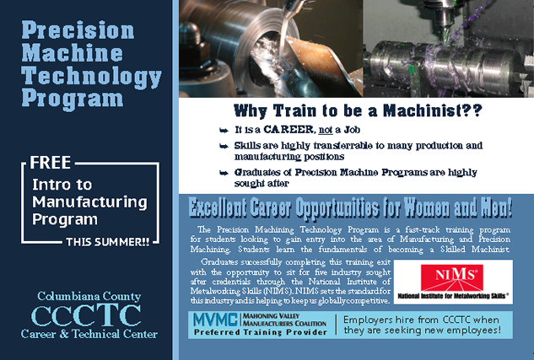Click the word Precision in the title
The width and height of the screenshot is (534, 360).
click(78, 30)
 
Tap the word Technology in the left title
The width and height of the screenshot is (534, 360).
click(91, 77)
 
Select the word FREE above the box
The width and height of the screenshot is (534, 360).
click(50, 163)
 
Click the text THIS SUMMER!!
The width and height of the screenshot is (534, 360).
click(108, 242)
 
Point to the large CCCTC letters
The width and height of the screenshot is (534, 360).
click(86, 315)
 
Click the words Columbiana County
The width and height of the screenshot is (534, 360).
click(89, 296)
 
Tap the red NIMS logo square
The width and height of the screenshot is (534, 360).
click(452, 277)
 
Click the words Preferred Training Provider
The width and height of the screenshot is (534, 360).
click(261, 332)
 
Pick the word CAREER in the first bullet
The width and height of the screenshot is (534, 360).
click(289, 130)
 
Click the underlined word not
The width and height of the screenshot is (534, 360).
click(326, 130)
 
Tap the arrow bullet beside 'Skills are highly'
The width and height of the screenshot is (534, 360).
click(224, 147)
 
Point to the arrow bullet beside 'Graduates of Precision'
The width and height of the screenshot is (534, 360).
click(224, 173)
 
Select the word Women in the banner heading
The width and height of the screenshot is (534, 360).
click(428, 207)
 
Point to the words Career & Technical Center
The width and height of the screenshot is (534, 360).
click(89, 334)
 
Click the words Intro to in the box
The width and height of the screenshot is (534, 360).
click(62, 185)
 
